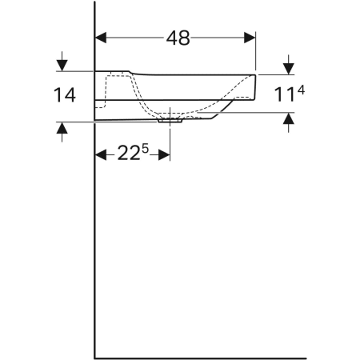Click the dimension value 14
65,95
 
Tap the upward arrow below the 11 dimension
289,121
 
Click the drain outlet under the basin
170,120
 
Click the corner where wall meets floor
95,357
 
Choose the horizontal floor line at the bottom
200,357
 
